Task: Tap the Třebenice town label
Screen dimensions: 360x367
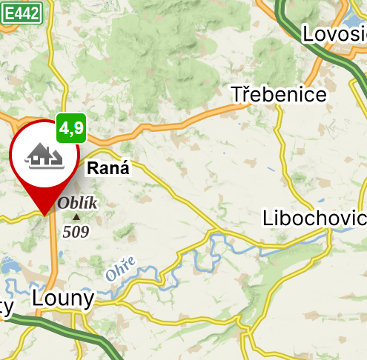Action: (278, 95)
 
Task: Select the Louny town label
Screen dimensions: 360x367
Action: (64, 299)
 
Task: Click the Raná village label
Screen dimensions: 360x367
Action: (108, 168)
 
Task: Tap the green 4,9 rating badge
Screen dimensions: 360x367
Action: (72, 128)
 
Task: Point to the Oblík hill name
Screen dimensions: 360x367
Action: (77, 203)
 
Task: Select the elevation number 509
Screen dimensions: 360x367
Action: (76, 232)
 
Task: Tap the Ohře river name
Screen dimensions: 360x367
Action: (120, 268)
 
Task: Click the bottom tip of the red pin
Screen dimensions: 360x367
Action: (46, 215)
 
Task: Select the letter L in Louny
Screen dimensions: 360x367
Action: (39, 299)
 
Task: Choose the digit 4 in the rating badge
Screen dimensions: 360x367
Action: (65, 128)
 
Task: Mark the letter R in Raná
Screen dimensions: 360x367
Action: (93, 168)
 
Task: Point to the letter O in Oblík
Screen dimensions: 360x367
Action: (63, 203)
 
